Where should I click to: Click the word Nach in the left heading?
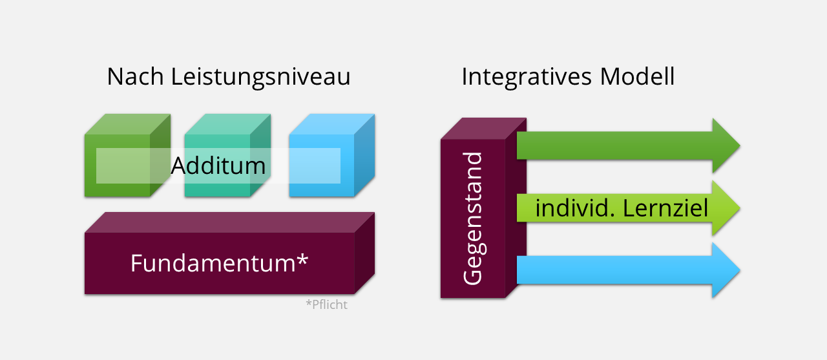click(x=136, y=77)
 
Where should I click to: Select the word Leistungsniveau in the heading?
click(x=261, y=78)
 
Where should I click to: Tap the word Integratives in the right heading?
click(x=527, y=77)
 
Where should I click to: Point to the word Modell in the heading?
click(x=638, y=77)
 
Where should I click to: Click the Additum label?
click(x=218, y=166)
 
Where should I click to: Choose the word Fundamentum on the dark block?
click(x=213, y=263)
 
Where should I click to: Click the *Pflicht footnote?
click(x=326, y=304)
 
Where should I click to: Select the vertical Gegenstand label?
click(x=473, y=218)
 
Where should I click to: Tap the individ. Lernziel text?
click(x=622, y=208)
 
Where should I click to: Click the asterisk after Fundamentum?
click(x=302, y=260)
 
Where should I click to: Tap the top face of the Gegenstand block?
click(x=483, y=128)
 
